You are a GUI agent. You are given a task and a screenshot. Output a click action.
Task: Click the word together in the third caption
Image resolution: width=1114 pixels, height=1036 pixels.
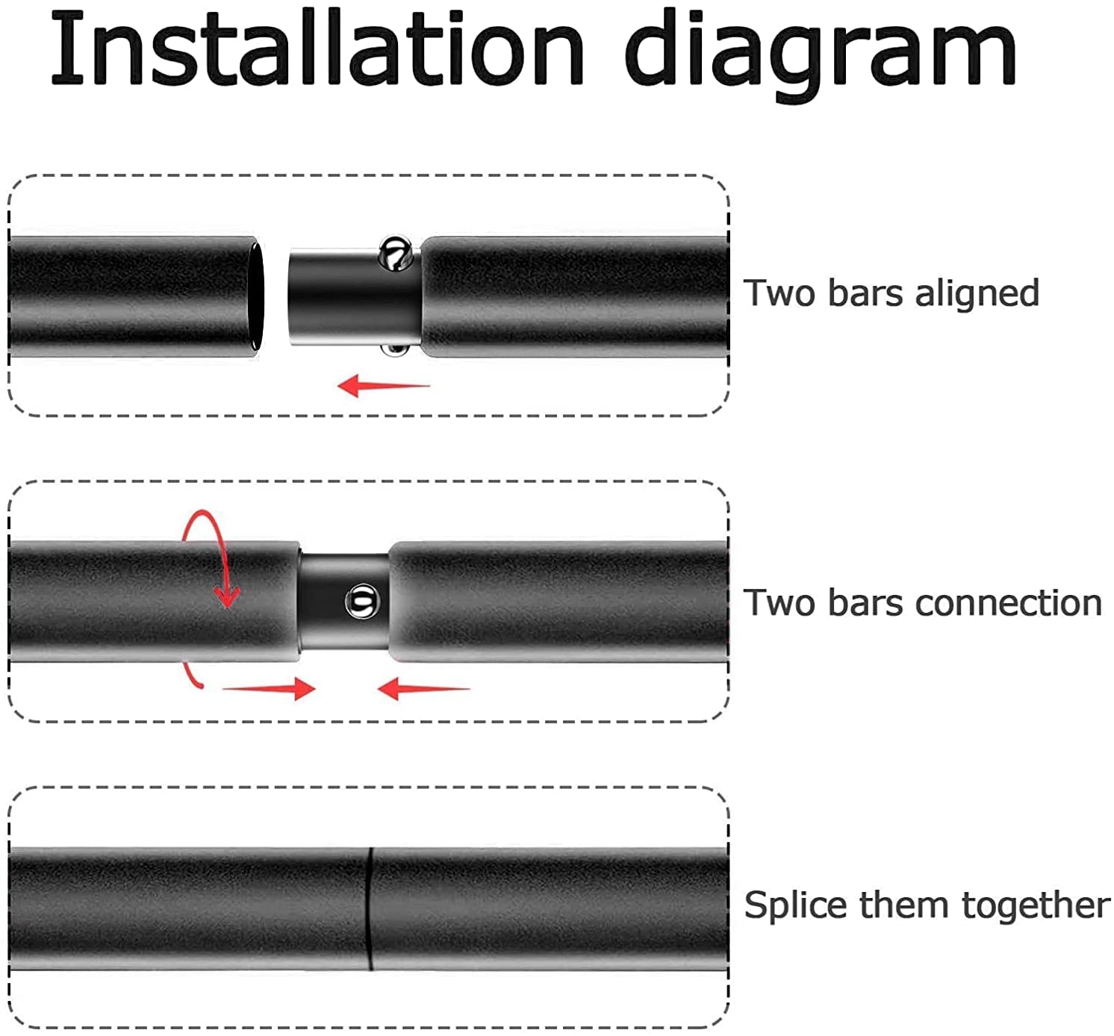point(1036,907)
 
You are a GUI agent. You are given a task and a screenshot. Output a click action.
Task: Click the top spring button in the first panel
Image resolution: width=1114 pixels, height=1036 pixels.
point(396,254)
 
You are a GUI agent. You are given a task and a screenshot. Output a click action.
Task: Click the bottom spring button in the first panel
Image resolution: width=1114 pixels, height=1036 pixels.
point(395,350)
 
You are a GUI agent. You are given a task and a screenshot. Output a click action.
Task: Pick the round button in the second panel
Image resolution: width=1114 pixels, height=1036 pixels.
point(362,602)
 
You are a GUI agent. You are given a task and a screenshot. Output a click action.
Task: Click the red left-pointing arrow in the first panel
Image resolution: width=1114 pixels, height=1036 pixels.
point(384,386)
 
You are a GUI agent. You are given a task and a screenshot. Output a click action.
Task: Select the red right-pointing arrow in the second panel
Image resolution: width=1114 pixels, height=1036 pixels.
point(270,688)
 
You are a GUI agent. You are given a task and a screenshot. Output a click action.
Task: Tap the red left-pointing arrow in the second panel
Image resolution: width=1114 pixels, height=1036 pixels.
point(424,688)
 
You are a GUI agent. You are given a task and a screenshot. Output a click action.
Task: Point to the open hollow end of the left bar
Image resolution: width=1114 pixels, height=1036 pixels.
point(256,296)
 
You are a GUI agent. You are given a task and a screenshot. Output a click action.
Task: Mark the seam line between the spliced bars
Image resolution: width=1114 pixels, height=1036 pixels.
point(371,908)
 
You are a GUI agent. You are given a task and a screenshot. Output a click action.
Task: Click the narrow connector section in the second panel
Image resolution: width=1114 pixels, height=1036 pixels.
point(344,602)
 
